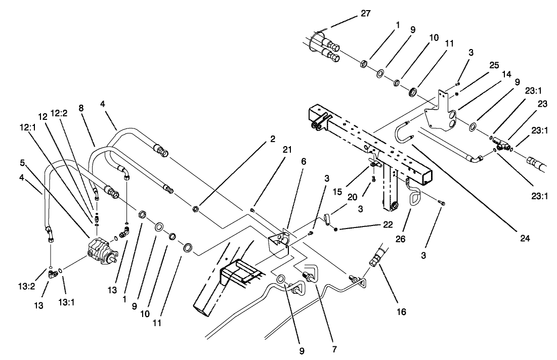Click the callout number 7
(334, 349)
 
